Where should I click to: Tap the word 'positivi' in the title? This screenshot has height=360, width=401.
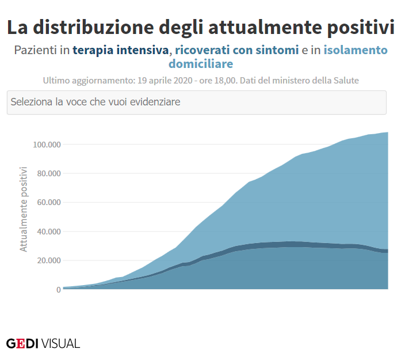tap(360, 28)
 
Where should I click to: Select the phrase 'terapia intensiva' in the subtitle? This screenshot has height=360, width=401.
tap(121, 50)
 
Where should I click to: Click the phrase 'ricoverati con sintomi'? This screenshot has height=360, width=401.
tap(237, 50)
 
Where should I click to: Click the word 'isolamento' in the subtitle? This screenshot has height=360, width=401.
tap(356, 50)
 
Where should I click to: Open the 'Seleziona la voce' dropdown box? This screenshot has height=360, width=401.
tap(196, 102)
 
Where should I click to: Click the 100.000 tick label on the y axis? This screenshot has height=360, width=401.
tap(47, 144)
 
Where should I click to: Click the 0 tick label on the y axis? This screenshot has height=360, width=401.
tap(58, 290)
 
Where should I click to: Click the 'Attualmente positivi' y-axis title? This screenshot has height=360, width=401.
tap(24, 209)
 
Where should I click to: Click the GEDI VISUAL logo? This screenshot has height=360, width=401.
tap(43, 343)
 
